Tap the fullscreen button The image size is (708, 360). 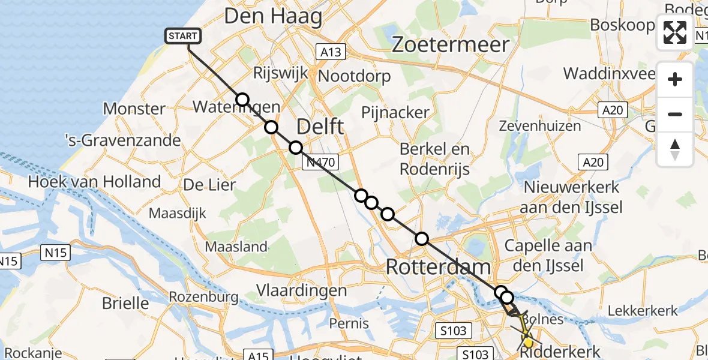click(x=675, y=32)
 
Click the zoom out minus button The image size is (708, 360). click(x=675, y=114)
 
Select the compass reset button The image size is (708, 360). click(x=675, y=149)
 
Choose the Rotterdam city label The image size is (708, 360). click(x=439, y=267)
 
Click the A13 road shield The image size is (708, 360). click(x=331, y=52)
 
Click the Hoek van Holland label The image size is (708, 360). click(x=95, y=182)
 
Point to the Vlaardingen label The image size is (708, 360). click(x=302, y=290)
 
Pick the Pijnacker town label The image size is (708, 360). click(x=395, y=112)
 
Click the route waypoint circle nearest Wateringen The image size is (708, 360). click(x=242, y=100)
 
